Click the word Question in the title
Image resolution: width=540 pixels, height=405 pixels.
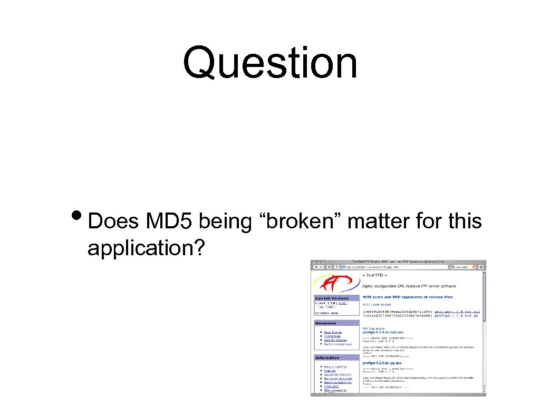click(270, 63)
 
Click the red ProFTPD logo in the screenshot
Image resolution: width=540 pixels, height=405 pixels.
click(336, 283)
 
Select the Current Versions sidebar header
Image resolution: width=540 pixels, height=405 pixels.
click(332, 298)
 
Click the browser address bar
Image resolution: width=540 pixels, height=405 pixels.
click(396, 267)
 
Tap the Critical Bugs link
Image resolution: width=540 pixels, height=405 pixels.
click(333, 336)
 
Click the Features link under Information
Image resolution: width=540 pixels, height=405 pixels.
click(330, 371)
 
